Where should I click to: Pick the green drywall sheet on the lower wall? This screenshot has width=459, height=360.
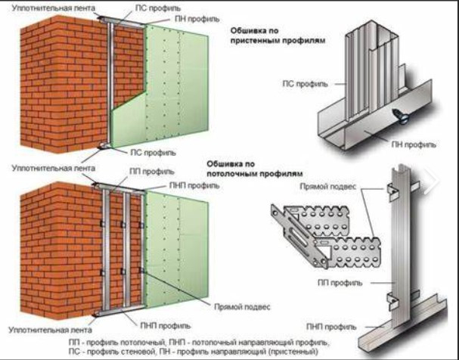pyautogui.click(x=178, y=242)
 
